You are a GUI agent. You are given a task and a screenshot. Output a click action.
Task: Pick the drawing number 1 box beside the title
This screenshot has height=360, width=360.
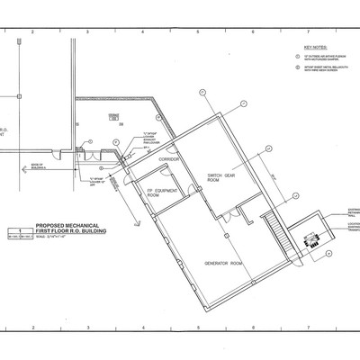15,233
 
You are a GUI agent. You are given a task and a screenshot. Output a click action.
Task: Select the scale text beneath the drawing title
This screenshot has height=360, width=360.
72,246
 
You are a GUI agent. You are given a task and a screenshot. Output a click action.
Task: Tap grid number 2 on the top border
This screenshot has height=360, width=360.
31,32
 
